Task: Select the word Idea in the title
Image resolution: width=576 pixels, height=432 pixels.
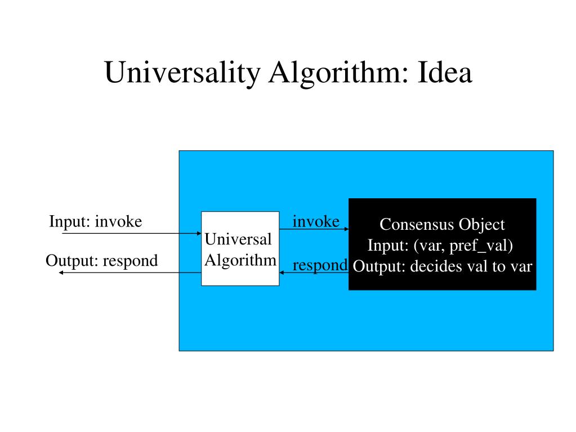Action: (x=444, y=74)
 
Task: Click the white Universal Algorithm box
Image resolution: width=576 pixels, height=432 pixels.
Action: (x=240, y=248)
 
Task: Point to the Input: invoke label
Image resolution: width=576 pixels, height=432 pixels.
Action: (x=95, y=222)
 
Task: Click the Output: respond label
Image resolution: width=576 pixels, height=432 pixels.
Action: (x=101, y=261)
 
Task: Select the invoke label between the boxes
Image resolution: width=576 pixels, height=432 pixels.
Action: (x=316, y=222)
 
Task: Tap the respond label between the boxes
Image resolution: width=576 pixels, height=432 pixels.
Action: (x=320, y=265)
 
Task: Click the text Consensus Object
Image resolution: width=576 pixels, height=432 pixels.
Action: (x=442, y=225)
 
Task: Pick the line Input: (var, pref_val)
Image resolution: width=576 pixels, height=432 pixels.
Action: (x=440, y=246)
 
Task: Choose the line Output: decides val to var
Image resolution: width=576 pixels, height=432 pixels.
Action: (x=443, y=266)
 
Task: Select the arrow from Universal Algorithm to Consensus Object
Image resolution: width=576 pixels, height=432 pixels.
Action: (x=314, y=229)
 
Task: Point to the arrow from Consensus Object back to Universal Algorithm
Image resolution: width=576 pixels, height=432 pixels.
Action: (x=314, y=273)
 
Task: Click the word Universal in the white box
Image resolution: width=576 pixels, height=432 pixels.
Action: (x=238, y=240)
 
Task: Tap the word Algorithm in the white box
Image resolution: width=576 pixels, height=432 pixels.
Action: (x=240, y=260)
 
